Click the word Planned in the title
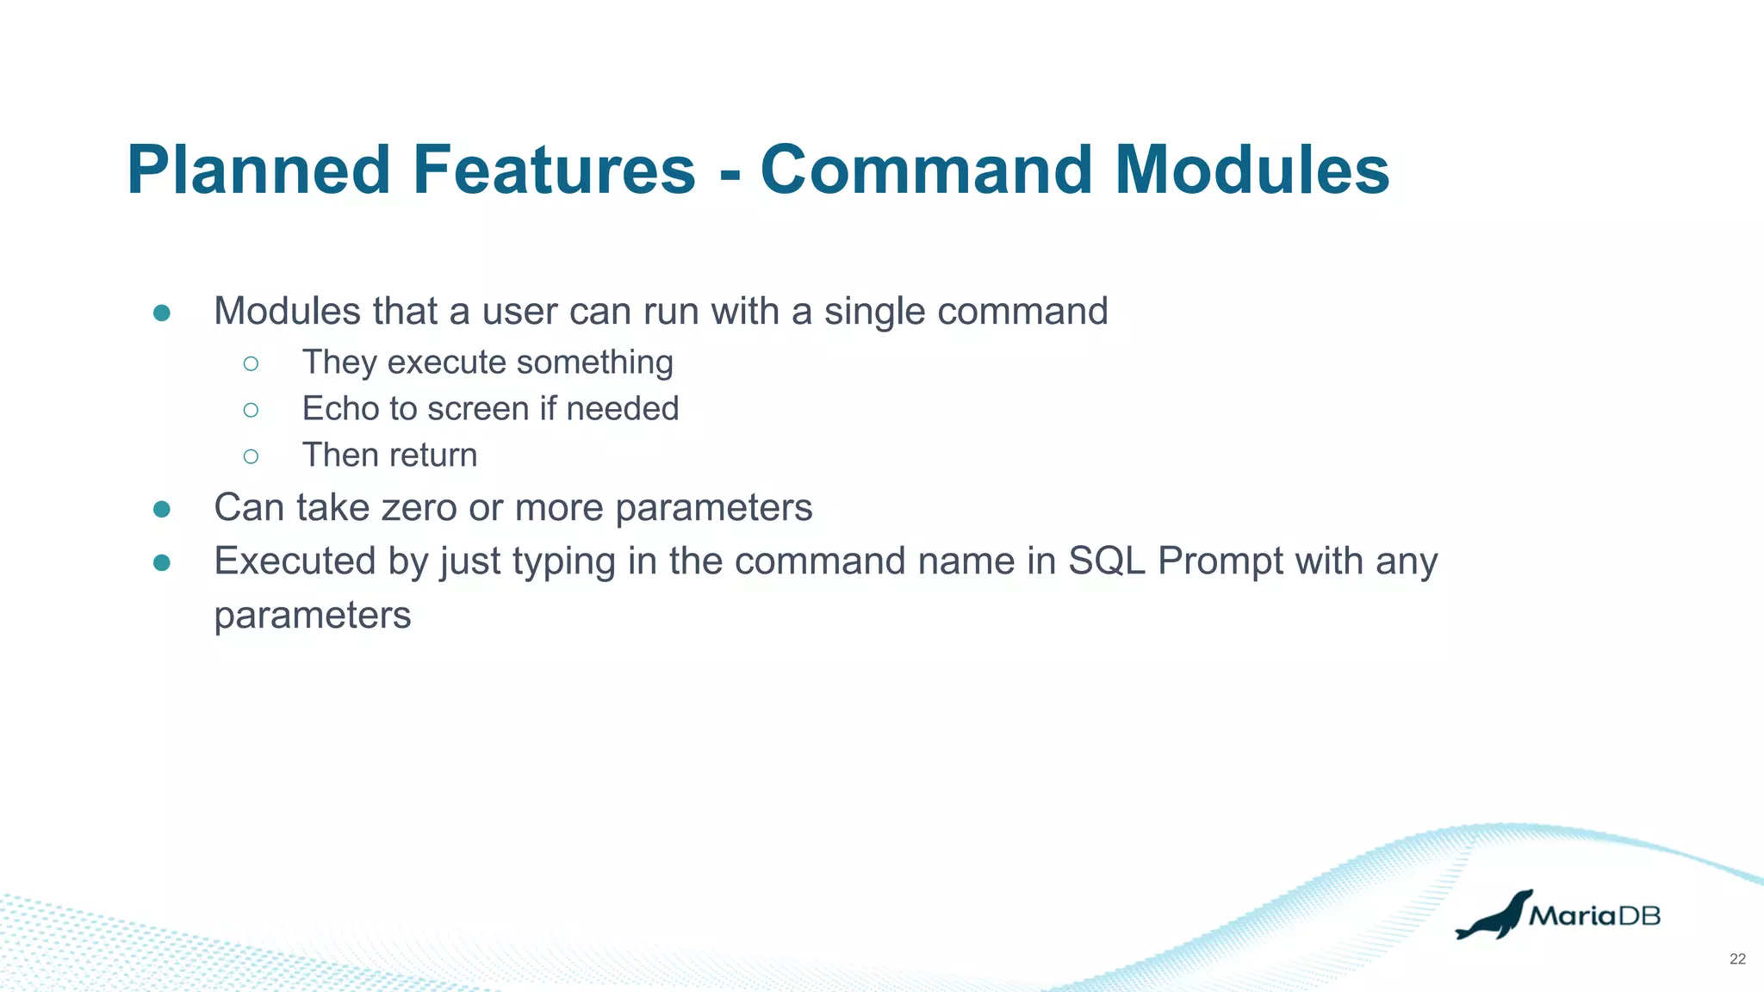coord(259,170)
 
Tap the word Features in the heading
coord(554,170)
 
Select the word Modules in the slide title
coord(1252,170)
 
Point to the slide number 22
coord(1737,959)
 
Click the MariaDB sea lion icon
coord(1494,915)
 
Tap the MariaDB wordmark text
coord(1595,915)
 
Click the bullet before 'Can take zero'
coord(162,509)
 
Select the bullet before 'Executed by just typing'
coord(162,562)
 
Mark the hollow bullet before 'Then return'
coord(251,456)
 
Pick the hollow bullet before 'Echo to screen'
coord(251,409)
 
